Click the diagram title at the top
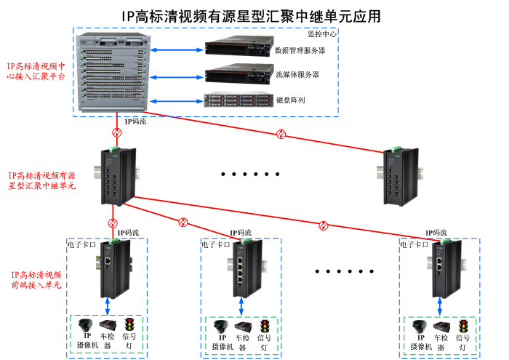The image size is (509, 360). point(250,15)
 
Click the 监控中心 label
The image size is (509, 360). point(322,33)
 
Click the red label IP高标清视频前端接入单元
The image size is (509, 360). point(36,281)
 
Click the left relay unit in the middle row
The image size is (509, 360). point(117,175)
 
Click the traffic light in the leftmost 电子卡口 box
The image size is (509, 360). point(130,324)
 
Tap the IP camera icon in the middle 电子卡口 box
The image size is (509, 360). point(220,325)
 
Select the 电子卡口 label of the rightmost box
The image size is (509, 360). point(414,245)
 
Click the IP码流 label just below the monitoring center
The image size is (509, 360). point(135,121)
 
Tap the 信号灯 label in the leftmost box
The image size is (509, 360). point(129,341)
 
